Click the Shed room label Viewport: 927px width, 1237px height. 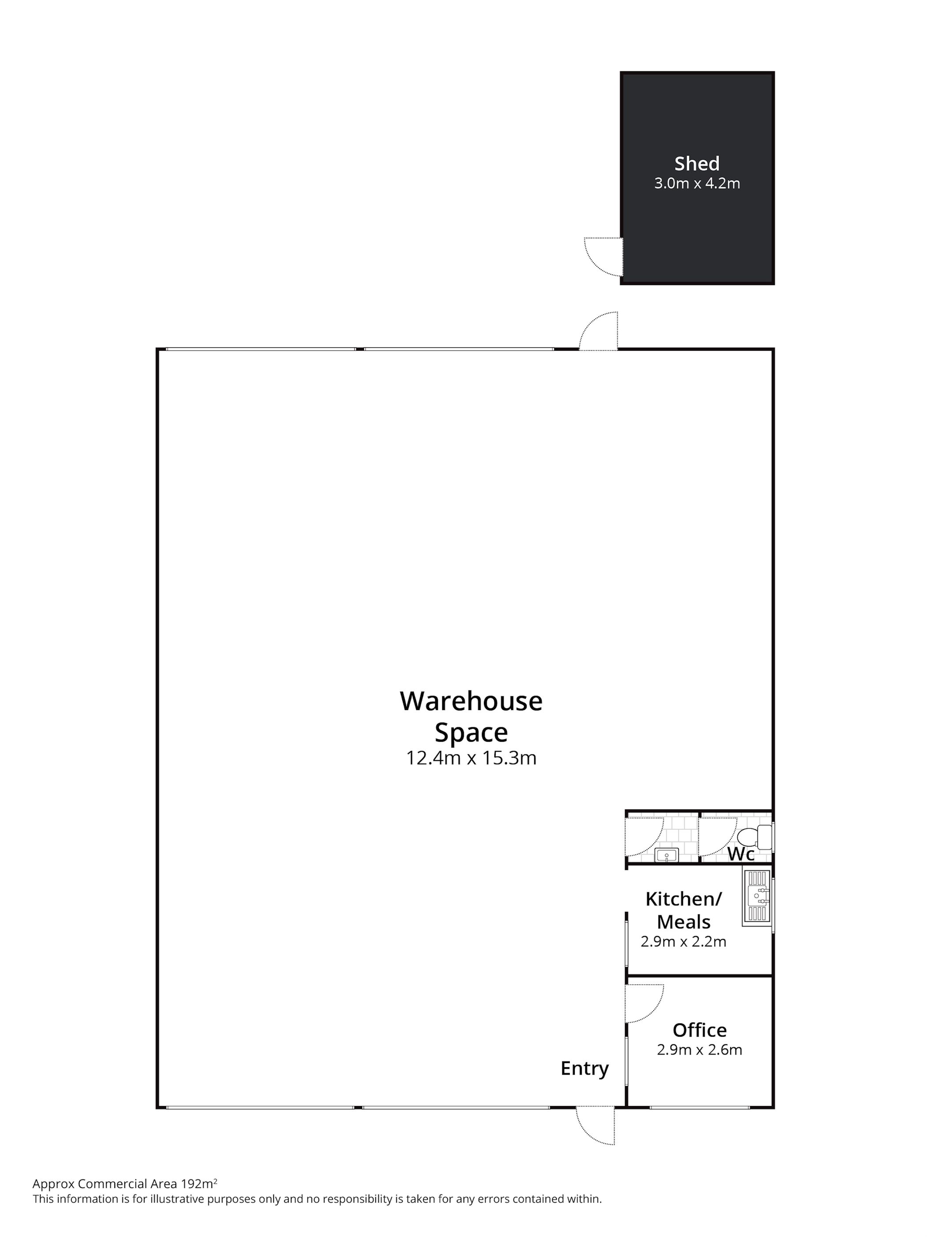[697, 163]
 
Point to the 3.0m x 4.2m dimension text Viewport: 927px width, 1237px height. [697, 184]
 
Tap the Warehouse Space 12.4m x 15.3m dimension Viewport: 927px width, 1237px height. [471, 758]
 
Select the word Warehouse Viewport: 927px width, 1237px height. [471, 701]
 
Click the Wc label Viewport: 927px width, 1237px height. [740, 854]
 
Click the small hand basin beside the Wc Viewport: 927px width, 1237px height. [666, 855]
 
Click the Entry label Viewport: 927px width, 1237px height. [584, 1068]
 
